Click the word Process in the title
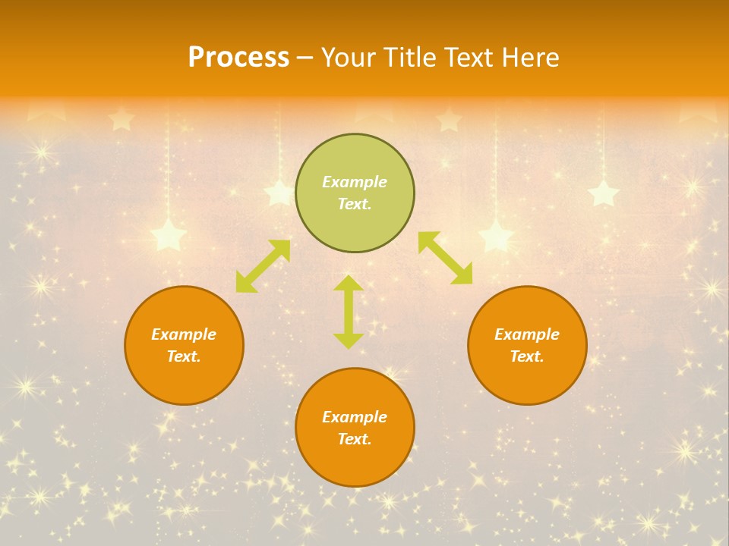pos(238,58)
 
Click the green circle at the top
pos(355,193)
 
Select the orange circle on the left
pos(184,345)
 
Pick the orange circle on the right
pos(527,345)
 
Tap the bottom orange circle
pos(355,427)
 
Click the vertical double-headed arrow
pos(349,312)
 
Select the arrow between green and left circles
pos(263,265)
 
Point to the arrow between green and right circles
pos(445,258)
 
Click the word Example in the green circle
pos(355,182)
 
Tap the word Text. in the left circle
pos(184,356)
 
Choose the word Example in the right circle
pos(527,334)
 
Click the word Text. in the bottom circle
pos(355,439)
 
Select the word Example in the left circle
pos(184,334)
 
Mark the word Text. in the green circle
pos(355,204)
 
